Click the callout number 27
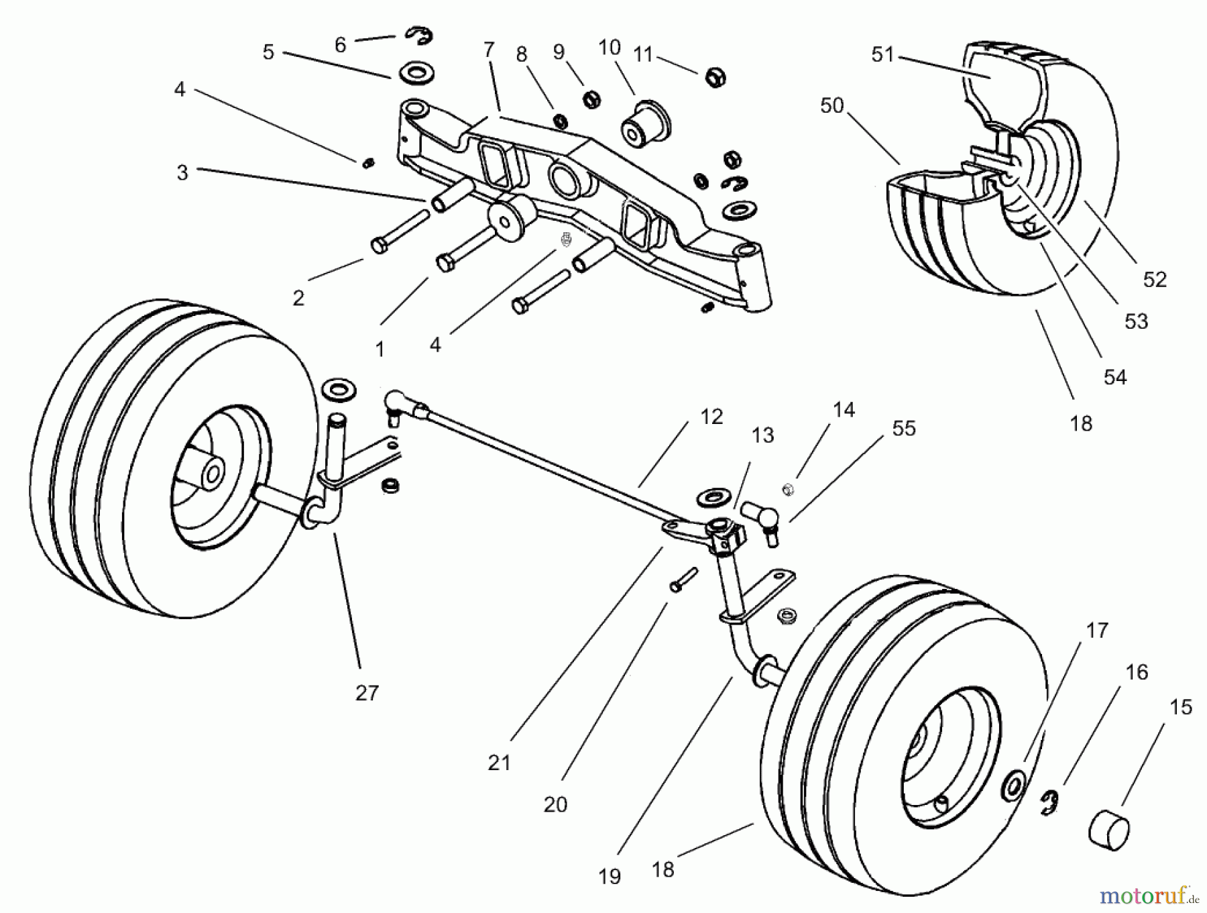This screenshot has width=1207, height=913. pos(367,693)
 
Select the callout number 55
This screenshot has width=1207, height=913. pos(904,429)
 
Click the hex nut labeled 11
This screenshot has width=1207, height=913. pos(715,78)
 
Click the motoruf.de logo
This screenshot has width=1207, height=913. pos(1143,894)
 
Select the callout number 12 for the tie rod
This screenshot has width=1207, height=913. pos(711,417)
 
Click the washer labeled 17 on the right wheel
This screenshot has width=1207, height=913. pos(1012,785)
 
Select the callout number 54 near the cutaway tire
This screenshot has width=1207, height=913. pos(1115,378)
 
